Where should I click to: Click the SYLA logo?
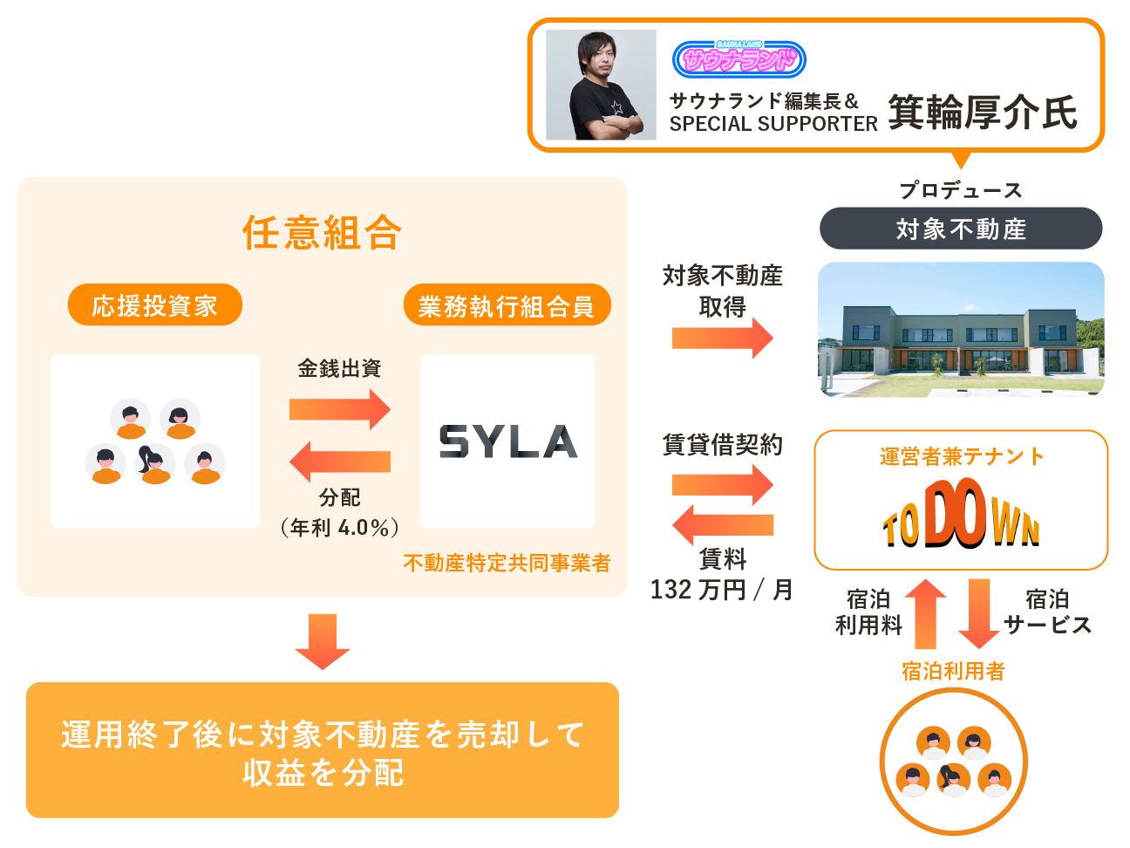[507, 441]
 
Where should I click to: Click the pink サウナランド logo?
[739, 59]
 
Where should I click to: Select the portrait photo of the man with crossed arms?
[601, 85]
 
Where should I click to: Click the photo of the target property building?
[961, 329]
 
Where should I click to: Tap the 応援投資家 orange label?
[154, 305]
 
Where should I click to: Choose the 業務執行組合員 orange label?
[507, 305]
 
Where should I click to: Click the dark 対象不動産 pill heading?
[961, 229]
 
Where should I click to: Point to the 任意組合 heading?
[322, 232]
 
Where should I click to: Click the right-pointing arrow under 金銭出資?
[340, 408]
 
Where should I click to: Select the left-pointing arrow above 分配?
[340, 462]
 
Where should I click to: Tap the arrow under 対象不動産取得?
[722, 338]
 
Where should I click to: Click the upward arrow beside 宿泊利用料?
[926, 613]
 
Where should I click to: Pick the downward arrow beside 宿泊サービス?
[979, 613]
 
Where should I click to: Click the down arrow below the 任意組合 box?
[323, 641]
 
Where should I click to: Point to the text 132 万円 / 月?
[722, 590]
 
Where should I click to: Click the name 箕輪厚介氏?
[983, 113]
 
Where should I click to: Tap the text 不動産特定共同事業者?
[507, 563]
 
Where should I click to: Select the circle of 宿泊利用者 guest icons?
[953, 761]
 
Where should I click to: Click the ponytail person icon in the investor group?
[155, 463]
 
